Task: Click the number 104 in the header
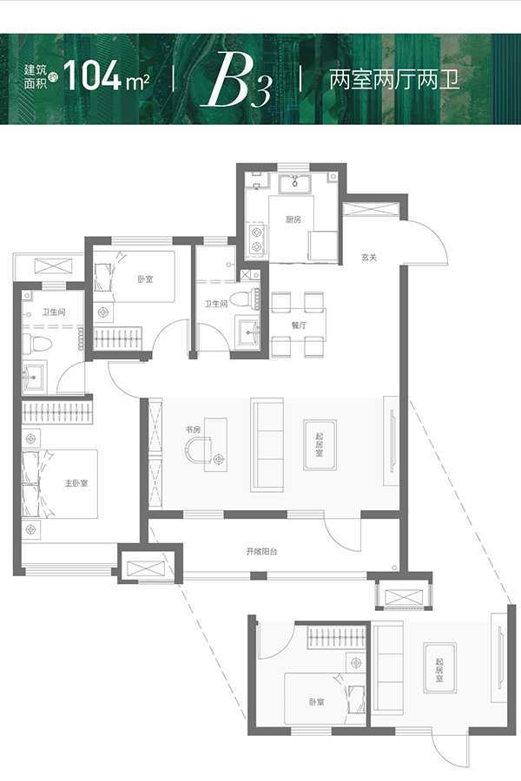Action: pos(92,76)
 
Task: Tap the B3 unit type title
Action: pos(236,80)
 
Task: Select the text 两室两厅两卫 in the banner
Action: pos(394,80)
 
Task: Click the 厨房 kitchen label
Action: pos(293,220)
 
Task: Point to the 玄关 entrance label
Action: pos(368,258)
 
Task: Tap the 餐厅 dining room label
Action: pos(298,325)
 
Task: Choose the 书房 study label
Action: pos(193,429)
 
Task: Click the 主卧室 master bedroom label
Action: pos(76,483)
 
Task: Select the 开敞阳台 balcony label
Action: pos(261,551)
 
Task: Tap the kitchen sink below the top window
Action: pos(295,183)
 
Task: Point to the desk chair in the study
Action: pos(199,450)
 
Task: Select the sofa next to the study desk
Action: pos(267,445)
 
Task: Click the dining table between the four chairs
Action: pos(298,325)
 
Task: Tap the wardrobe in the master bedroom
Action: pos(57,412)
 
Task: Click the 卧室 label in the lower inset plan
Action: pos(316,702)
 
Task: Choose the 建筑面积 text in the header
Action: pos(35,76)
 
